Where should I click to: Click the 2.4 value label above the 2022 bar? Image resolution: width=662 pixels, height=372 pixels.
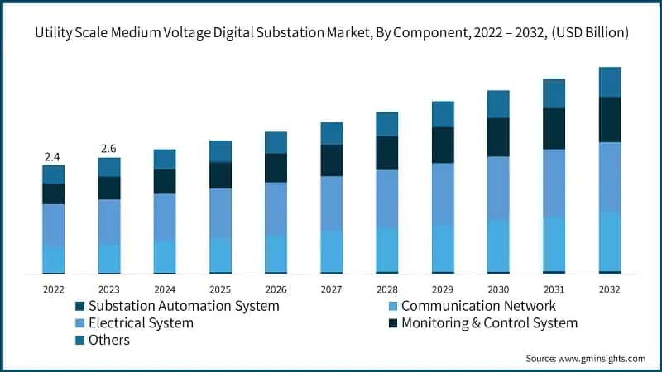click(x=53, y=156)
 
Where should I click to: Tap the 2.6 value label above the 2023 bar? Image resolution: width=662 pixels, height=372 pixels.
click(x=108, y=149)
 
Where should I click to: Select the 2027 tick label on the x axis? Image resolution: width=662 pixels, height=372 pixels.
click(x=331, y=290)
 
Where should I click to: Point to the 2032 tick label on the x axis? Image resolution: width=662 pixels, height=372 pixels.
click(x=609, y=290)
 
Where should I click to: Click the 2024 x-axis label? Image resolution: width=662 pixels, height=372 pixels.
click(x=165, y=290)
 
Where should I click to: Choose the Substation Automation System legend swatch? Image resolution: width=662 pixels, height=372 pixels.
click(x=79, y=306)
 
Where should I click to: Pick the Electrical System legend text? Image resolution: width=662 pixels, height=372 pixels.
click(x=141, y=323)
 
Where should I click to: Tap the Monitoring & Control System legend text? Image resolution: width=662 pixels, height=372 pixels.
click(x=489, y=323)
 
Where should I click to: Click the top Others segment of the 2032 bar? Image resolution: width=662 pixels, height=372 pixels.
click(x=610, y=82)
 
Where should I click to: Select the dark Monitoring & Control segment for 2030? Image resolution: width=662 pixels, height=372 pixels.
click(x=498, y=136)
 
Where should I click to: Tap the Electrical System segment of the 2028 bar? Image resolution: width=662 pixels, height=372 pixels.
click(x=386, y=198)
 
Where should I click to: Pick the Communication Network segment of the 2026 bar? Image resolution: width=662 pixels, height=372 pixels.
click(x=276, y=253)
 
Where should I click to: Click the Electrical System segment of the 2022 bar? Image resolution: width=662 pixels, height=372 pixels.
click(x=53, y=224)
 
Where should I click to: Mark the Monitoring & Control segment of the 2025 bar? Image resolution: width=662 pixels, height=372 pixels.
click(x=220, y=174)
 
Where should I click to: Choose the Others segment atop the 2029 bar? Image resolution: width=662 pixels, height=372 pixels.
click(x=443, y=114)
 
